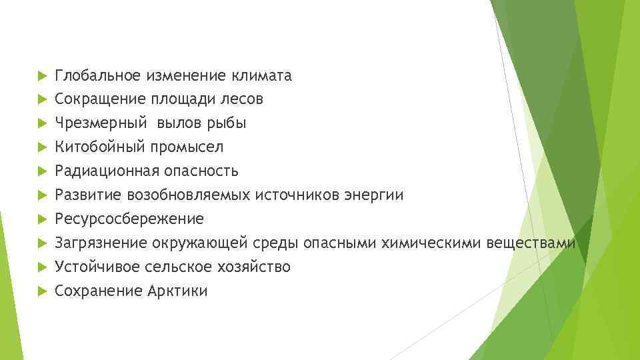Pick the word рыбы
[227, 124]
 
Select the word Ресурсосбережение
[129, 219]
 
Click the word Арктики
[177, 291]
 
